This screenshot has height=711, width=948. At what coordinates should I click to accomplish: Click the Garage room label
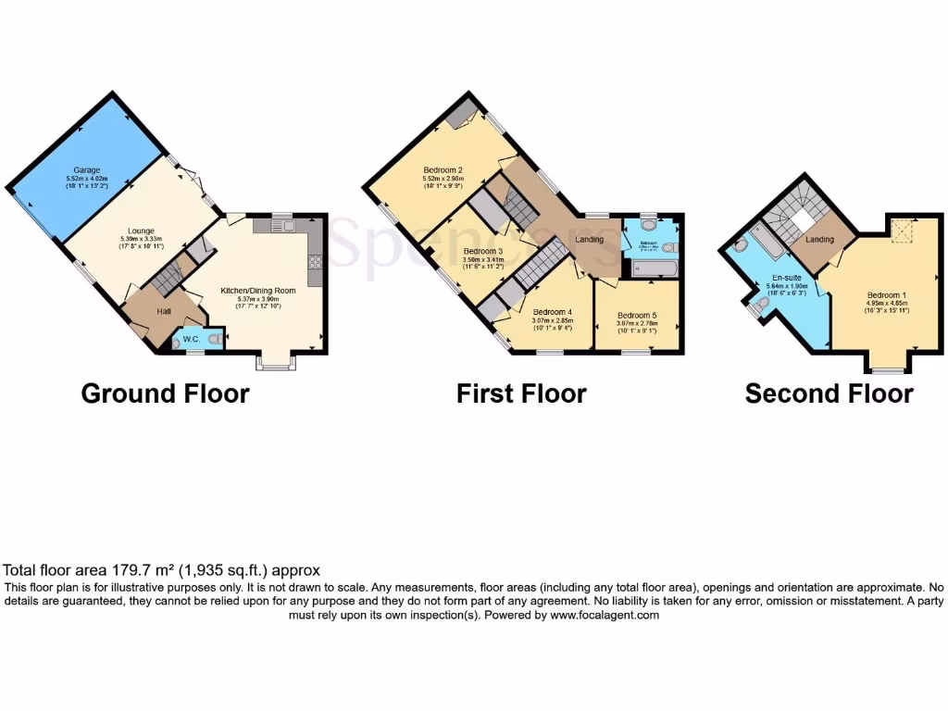coord(88,170)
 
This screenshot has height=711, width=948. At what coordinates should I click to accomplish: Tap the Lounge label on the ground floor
coord(142,231)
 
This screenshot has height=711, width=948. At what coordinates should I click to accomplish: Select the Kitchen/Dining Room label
coord(257,291)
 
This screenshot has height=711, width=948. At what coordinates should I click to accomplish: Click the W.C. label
coord(193,340)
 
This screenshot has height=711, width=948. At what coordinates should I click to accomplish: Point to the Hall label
coord(163,312)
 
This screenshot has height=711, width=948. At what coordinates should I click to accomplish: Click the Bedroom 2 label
coord(443,170)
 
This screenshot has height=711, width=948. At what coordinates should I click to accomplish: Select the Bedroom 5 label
coord(636,315)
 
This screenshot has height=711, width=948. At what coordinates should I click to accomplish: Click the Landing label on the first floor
coord(590,240)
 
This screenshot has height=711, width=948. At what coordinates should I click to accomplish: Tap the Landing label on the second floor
coord(819,240)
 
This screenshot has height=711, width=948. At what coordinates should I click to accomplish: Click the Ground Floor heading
coord(165,393)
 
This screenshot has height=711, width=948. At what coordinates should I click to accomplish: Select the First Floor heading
coord(521,393)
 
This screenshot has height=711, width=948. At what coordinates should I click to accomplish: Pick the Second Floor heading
coord(829,393)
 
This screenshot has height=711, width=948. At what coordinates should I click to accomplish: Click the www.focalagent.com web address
coord(605,615)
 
